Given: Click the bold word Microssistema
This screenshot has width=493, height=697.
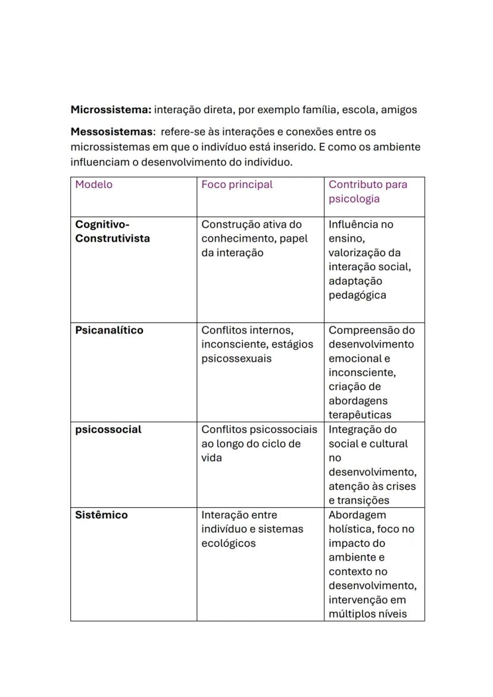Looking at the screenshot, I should click(x=111, y=110).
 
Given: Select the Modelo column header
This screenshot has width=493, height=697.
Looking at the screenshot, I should click(x=93, y=185).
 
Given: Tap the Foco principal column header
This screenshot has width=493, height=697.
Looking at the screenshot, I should click(x=237, y=185).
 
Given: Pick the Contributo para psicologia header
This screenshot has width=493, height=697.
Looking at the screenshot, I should click(x=368, y=192).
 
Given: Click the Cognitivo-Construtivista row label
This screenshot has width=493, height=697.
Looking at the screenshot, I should click(x=113, y=232).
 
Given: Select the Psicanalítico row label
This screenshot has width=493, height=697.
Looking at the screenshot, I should click(x=109, y=330).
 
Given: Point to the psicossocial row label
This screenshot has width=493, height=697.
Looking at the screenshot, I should click(x=108, y=430).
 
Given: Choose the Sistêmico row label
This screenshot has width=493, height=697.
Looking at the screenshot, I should click(x=101, y=515).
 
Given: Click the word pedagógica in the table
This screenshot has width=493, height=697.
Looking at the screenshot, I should click(x=357, y=295).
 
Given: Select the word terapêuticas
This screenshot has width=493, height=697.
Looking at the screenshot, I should click(x=360, y=415).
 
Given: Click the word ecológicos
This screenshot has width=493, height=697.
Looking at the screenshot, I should click(x=229, y=543).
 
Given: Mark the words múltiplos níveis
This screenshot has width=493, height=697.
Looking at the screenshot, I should click(x=367, y=614).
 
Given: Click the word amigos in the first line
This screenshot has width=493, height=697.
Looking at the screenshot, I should click(x=399, y=110).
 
